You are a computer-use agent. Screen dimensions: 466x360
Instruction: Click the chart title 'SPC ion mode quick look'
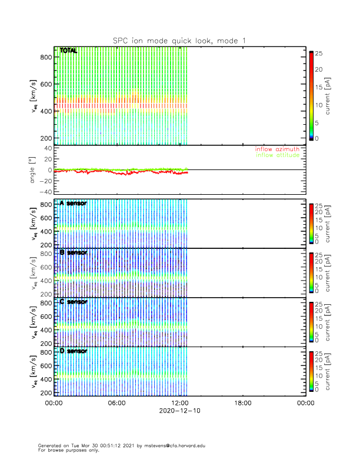[179, 40]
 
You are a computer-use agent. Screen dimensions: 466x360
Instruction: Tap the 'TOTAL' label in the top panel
[68, 51]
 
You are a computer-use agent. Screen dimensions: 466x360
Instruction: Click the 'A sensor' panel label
[73, 204]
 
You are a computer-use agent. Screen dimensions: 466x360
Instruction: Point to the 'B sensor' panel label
[73, 252]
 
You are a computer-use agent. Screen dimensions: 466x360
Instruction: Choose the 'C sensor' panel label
[73, 302]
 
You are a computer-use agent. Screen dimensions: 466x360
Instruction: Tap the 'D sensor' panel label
[73, 351]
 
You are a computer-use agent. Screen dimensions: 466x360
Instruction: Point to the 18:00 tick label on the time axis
[242, 404]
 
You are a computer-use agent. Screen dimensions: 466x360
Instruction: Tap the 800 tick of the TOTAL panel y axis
[46, 57]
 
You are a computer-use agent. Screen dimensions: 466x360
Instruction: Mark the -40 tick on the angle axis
[44, 192]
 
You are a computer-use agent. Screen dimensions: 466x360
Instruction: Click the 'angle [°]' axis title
[34, 170]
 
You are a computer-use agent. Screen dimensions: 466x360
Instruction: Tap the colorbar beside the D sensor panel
[311, 371]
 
